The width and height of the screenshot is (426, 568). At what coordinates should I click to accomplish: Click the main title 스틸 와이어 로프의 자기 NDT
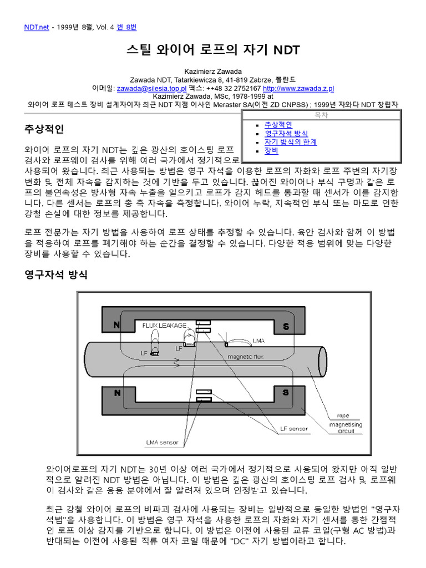pyautogui.click(x=213, y=50)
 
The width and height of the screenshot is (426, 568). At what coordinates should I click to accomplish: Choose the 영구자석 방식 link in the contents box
pyautogui.click(x=286, y=134)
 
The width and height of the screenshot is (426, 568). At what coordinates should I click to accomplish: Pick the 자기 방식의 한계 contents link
pyautogui.click(x=291, y=142)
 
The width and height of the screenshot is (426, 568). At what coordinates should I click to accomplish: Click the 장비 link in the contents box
pyautogui.click(x=271, y=150)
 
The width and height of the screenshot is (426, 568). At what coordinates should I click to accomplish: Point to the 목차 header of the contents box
pyautogui.click(x=321, y=115)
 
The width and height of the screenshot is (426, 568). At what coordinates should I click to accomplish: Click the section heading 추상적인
pyautogui.click(x=45, y=130)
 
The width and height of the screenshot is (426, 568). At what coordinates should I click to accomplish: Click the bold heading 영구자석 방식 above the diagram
pyautogui.click(x=56, y=275)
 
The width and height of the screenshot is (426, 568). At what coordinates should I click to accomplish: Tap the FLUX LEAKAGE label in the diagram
pyautogui.click(x=164, y=325)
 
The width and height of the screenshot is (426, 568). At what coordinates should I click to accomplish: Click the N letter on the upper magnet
pyautogui.click(x=117, y=326)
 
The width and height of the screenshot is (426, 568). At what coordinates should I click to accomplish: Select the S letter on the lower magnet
pyautogui.click(x=286, y=393)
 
